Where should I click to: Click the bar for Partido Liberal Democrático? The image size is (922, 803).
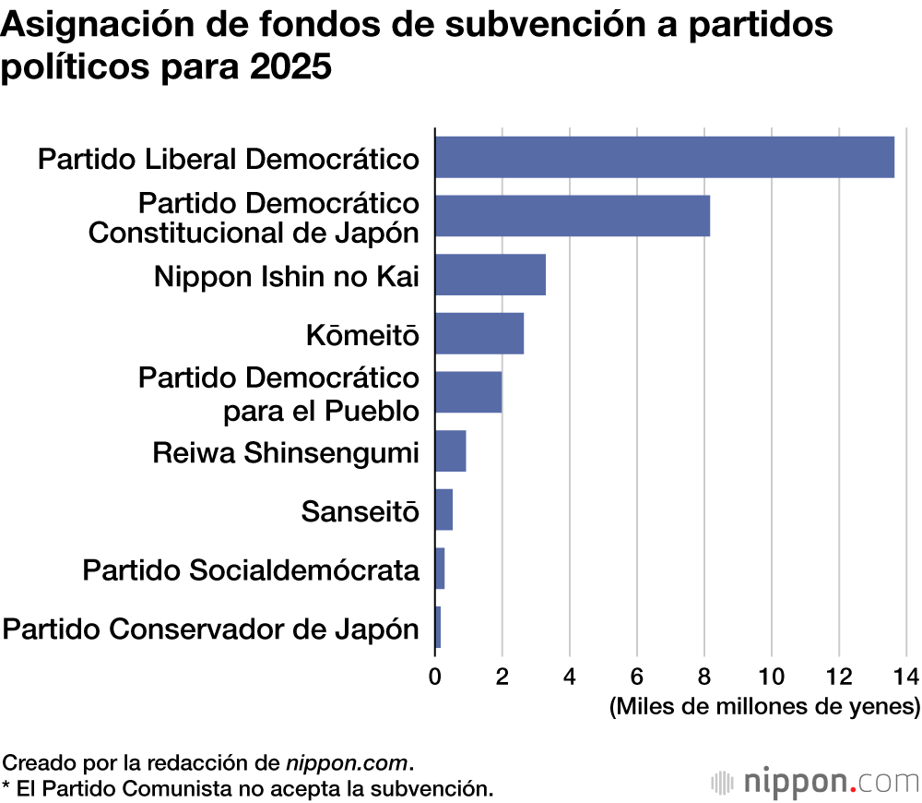[664, 157]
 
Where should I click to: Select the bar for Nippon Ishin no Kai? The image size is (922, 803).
[490, 274]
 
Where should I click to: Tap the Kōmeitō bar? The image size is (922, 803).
[479, 333]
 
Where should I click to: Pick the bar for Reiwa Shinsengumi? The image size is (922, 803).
[450, 450]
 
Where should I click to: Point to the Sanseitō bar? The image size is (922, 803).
[443, 509]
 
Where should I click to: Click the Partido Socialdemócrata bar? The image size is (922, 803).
[440, 569]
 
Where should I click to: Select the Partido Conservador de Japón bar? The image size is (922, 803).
[438, 628]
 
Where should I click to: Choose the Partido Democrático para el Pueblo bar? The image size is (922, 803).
[468, 392]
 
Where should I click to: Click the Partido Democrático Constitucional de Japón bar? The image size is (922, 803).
[572, 216]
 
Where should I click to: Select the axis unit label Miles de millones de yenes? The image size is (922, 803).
[764, 707]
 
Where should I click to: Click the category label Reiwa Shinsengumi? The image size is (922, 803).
[286, 452]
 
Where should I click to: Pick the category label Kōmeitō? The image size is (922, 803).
[362, 335]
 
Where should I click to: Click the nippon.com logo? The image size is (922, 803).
[816, 781]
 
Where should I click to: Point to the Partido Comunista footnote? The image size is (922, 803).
[247, 788]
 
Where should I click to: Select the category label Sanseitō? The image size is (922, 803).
[361, 511]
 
